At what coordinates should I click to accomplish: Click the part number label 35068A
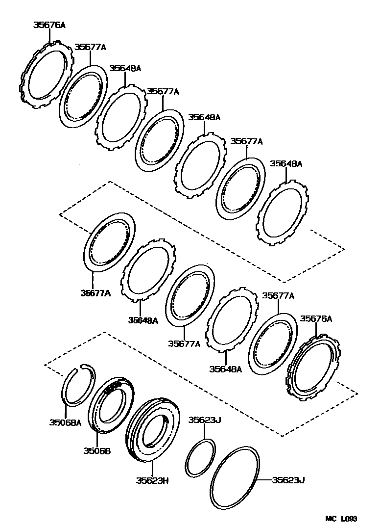[65, 422]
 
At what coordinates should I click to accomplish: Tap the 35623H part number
[152, 480]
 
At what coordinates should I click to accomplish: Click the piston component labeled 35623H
[152, 432]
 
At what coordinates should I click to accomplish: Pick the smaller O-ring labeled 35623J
[200, 457]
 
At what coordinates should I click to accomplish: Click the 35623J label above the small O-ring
[205, 420]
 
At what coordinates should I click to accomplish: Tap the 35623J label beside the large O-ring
[288, 480]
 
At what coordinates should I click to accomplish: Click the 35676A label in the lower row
[316, 318]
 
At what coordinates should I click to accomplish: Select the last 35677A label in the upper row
[247, 141]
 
